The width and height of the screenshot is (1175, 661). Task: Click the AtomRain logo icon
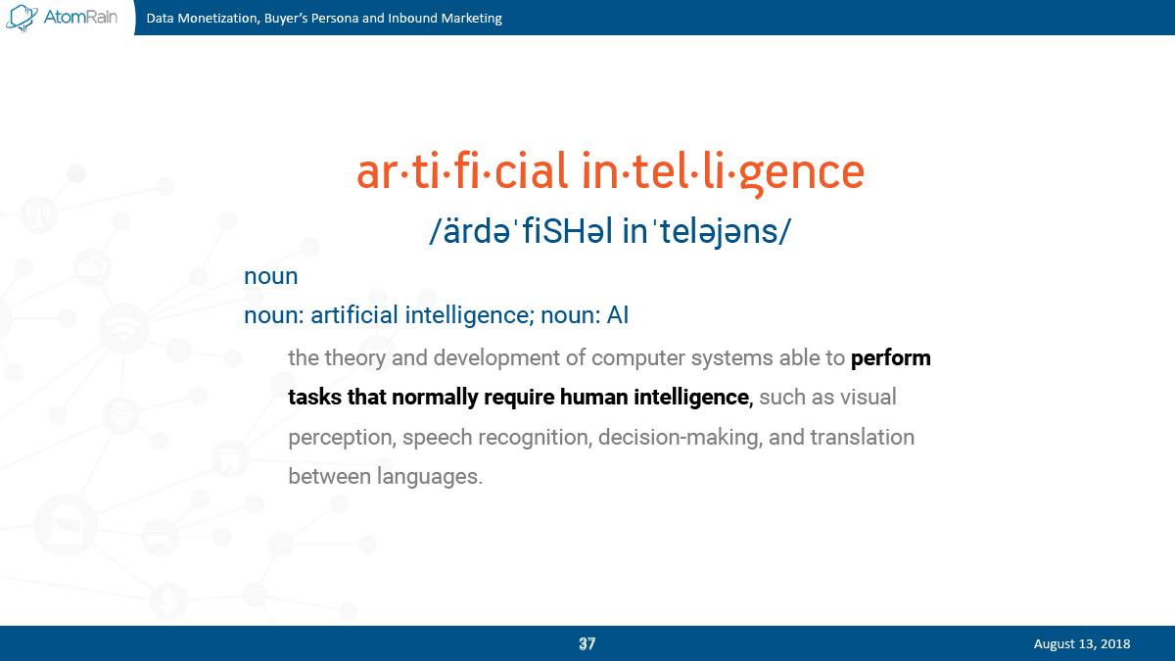point(22,18)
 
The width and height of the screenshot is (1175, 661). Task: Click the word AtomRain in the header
point(80,17)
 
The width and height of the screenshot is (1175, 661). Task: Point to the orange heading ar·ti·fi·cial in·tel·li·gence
point(610,172)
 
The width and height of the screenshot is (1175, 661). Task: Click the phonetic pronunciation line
point(610,231)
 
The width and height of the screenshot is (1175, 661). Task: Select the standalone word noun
point(270,276)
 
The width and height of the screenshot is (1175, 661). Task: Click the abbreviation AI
point(618,315)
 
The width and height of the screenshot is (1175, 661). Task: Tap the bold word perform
point(890,358)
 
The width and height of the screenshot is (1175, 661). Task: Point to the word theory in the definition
point(355,358)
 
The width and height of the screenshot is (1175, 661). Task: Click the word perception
point(342,438)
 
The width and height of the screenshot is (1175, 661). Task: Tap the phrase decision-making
point(680,438)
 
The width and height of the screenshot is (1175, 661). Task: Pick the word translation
point(862,437)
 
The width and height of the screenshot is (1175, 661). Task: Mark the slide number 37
point(587,643)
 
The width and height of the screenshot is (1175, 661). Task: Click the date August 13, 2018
point(1082,644)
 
